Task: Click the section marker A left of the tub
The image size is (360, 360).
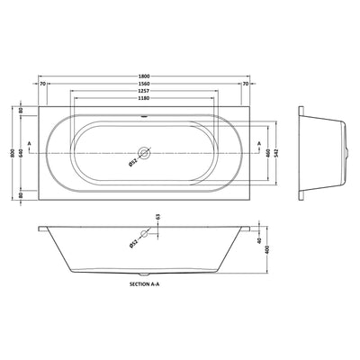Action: coord(32,144)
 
